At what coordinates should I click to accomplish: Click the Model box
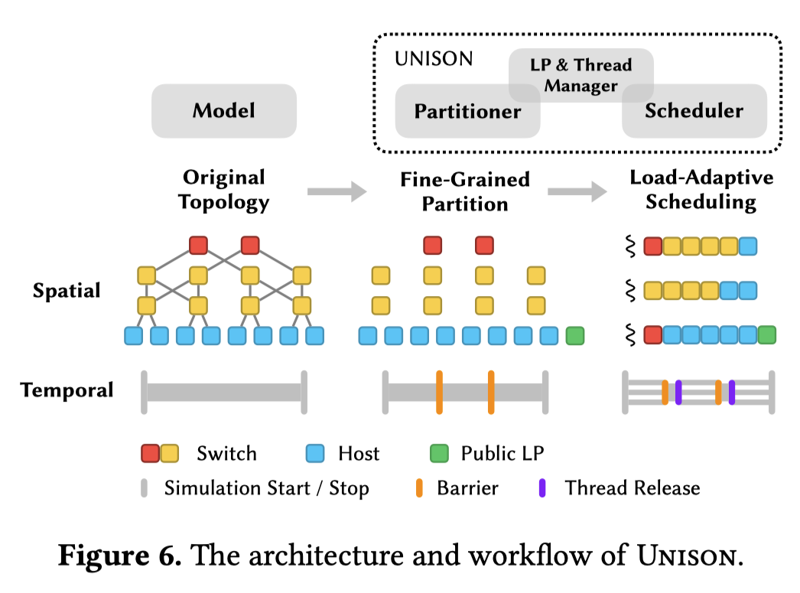tap(224, 111)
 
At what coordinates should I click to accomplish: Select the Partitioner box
tap(467, 112)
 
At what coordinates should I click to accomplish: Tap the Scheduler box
tap(694, 111)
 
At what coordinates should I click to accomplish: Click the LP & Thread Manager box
tap(581, 75)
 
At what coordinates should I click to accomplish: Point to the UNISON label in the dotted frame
tap(434, 59)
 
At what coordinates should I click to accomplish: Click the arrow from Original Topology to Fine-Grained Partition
tap(337, 192)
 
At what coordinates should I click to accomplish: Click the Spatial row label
tap(67, 291)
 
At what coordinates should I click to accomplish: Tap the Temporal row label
tap(67, 390)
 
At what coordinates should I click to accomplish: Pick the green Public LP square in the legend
tap(439, 454)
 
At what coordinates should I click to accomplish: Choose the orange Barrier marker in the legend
tap(419, 488)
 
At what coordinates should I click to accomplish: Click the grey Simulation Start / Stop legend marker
tap(145, 488)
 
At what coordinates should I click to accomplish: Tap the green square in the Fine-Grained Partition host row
tap(574, 335)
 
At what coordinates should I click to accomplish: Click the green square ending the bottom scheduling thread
tap(766, 334)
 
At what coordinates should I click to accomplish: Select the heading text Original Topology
tap(224, 191)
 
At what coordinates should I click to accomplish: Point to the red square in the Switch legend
tap(151, 454)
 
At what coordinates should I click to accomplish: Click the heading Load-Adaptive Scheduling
tap(701, 191)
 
